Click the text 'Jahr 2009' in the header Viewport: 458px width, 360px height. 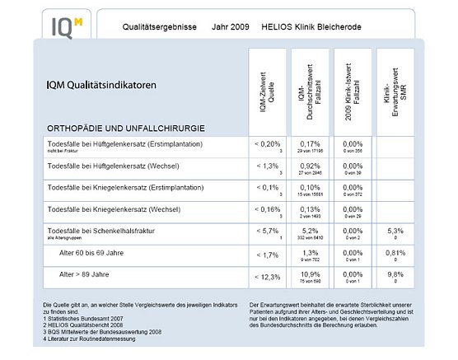(x=228, y=26)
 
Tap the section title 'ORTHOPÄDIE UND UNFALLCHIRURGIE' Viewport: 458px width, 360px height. (x=126, y=129)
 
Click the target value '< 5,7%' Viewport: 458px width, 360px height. (x=269, y=230)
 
